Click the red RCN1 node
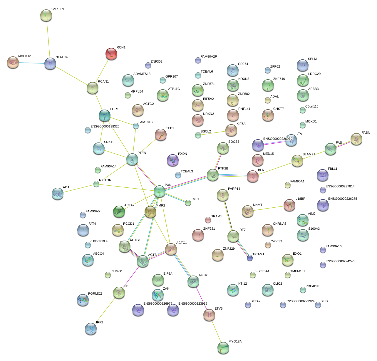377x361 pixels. pos(111,54)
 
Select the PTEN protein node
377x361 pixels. pos(132,159)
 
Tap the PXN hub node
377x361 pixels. pos(160,191)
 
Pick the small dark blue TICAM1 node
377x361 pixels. pos(250,258)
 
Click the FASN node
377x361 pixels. pos(356,139)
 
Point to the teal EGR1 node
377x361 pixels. pos(105,115)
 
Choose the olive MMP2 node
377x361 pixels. pos(150,211)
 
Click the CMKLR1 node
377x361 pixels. pos(46,15)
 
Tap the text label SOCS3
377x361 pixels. pos(234,142)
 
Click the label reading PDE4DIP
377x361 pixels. pos(312,286)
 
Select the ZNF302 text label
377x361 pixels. pos(156,62)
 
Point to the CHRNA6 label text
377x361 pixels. pos(279,224)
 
